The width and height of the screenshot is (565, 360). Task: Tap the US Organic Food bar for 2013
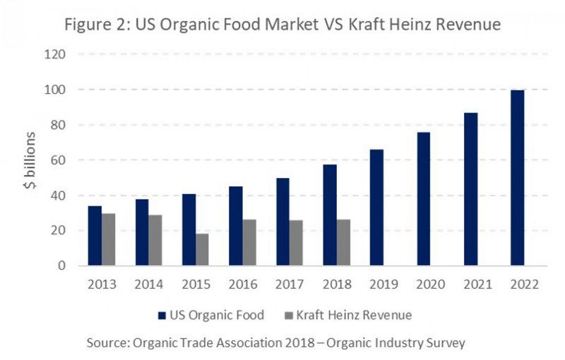tap(95, 236)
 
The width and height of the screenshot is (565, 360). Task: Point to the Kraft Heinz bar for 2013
tap(109, 239)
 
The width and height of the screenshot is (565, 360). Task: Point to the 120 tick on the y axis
tap(56, 54)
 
